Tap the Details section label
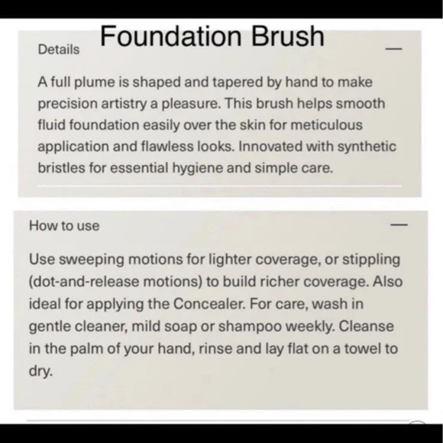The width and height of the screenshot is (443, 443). [x=58, y=50]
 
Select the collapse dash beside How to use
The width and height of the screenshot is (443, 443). [x=398, y=225]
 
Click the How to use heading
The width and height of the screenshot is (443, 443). [x=64, y=225]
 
